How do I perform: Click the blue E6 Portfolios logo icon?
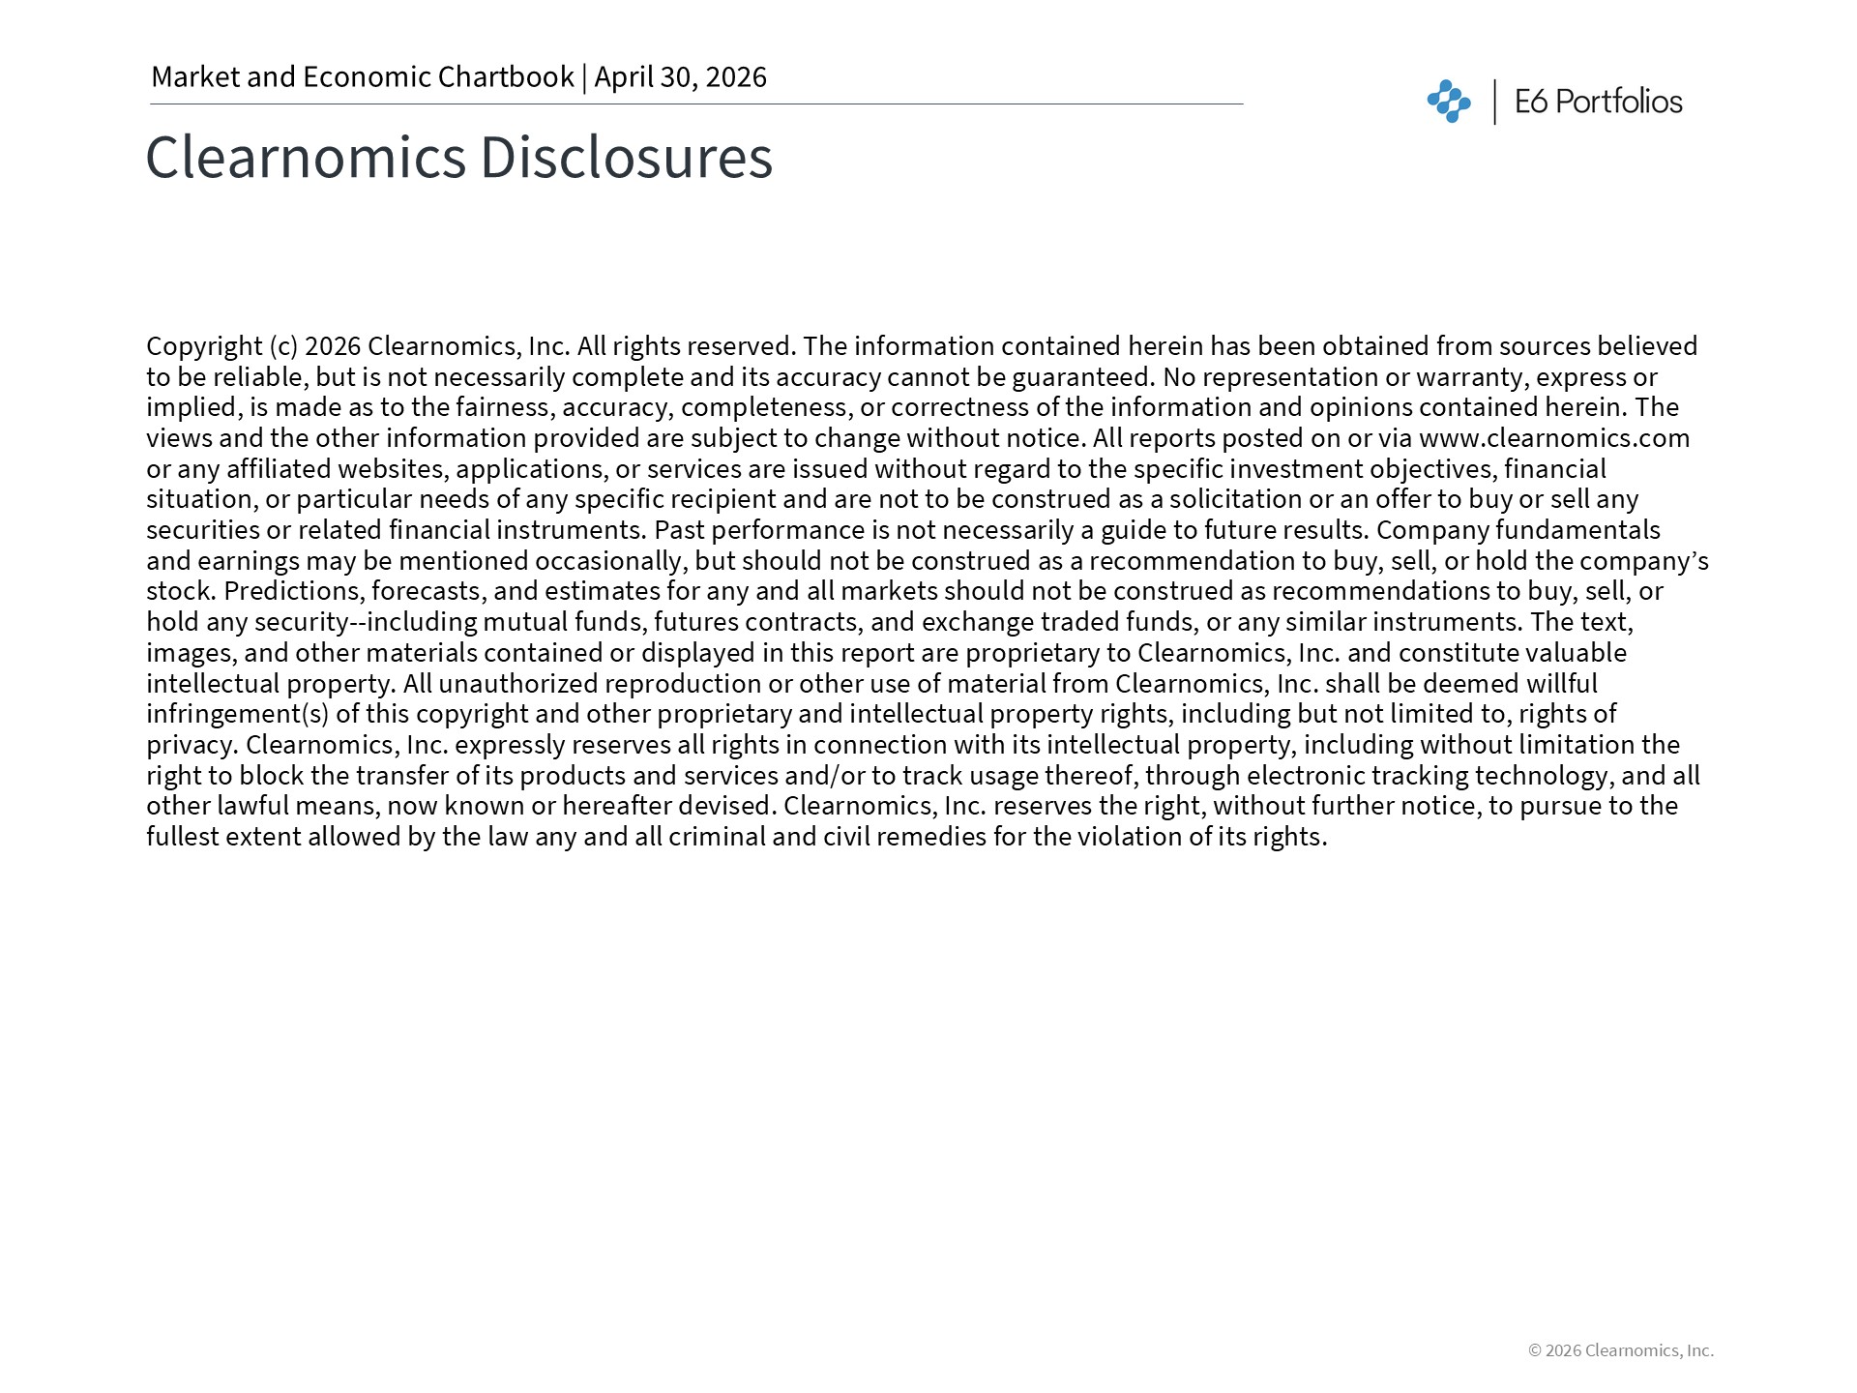[x=1448, y=102]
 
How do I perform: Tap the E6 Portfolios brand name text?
[x=1598, y=102]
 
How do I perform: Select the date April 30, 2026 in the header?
[x=680, y=77]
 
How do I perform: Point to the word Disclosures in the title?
[x=626, y=157]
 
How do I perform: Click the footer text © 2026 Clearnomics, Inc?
[x=1620, y=1350]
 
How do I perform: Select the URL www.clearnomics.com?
[x=1554, y=438]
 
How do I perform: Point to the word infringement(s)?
[x=238, y=714]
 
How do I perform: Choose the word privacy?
[x=192, y=745]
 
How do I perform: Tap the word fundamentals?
[x=1577, y=530]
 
